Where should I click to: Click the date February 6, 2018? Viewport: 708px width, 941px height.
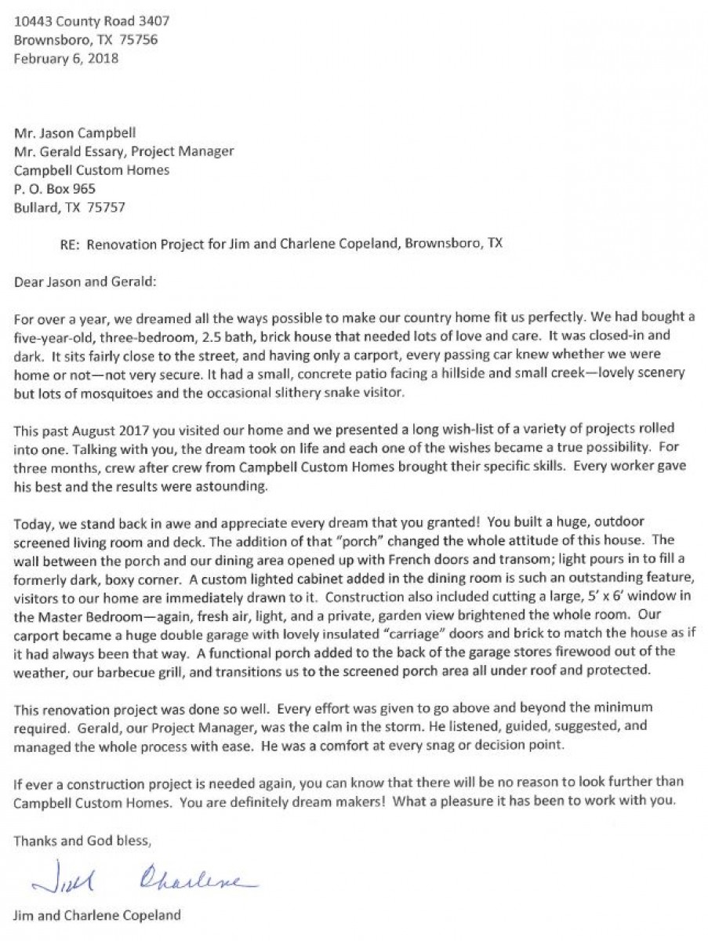67,59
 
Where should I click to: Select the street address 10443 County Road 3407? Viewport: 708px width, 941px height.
92,21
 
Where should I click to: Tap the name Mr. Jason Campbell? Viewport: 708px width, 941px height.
75,133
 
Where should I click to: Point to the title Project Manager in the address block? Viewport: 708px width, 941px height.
187,151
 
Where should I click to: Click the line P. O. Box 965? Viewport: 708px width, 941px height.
60,189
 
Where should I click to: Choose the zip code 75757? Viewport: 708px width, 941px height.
106,208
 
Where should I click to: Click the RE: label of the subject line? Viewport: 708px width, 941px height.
69,244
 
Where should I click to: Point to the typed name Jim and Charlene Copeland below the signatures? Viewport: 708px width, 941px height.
97,914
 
